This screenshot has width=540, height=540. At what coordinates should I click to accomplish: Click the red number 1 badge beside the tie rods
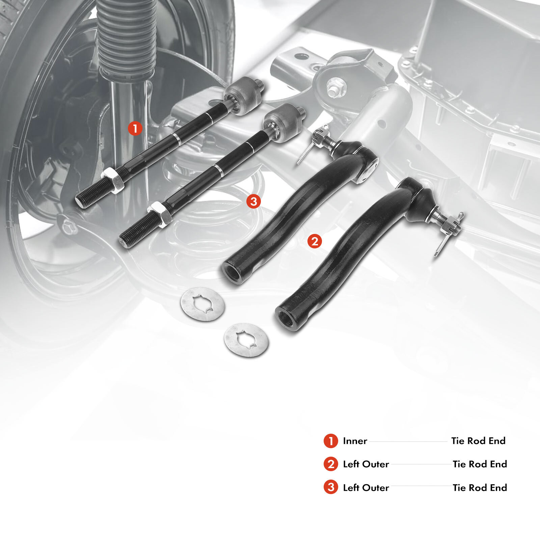135,129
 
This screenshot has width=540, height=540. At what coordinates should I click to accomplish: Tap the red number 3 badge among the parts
253,201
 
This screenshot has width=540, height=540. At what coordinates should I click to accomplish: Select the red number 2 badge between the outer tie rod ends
315,241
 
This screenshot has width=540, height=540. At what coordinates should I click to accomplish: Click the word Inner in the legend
355,441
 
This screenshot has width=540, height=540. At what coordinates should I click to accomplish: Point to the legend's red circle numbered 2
331,464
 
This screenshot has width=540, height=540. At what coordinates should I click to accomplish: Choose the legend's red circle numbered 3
331,487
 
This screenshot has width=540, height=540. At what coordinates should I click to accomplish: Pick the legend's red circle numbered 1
331,441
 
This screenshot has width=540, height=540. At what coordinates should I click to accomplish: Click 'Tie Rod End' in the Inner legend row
478,441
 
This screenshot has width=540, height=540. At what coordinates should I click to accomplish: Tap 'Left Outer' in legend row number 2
366,464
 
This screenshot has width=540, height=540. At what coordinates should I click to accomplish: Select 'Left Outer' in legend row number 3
366,487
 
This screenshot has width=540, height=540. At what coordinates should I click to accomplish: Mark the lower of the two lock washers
246,340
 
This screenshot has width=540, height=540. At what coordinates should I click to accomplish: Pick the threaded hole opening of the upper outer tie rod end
231,270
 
